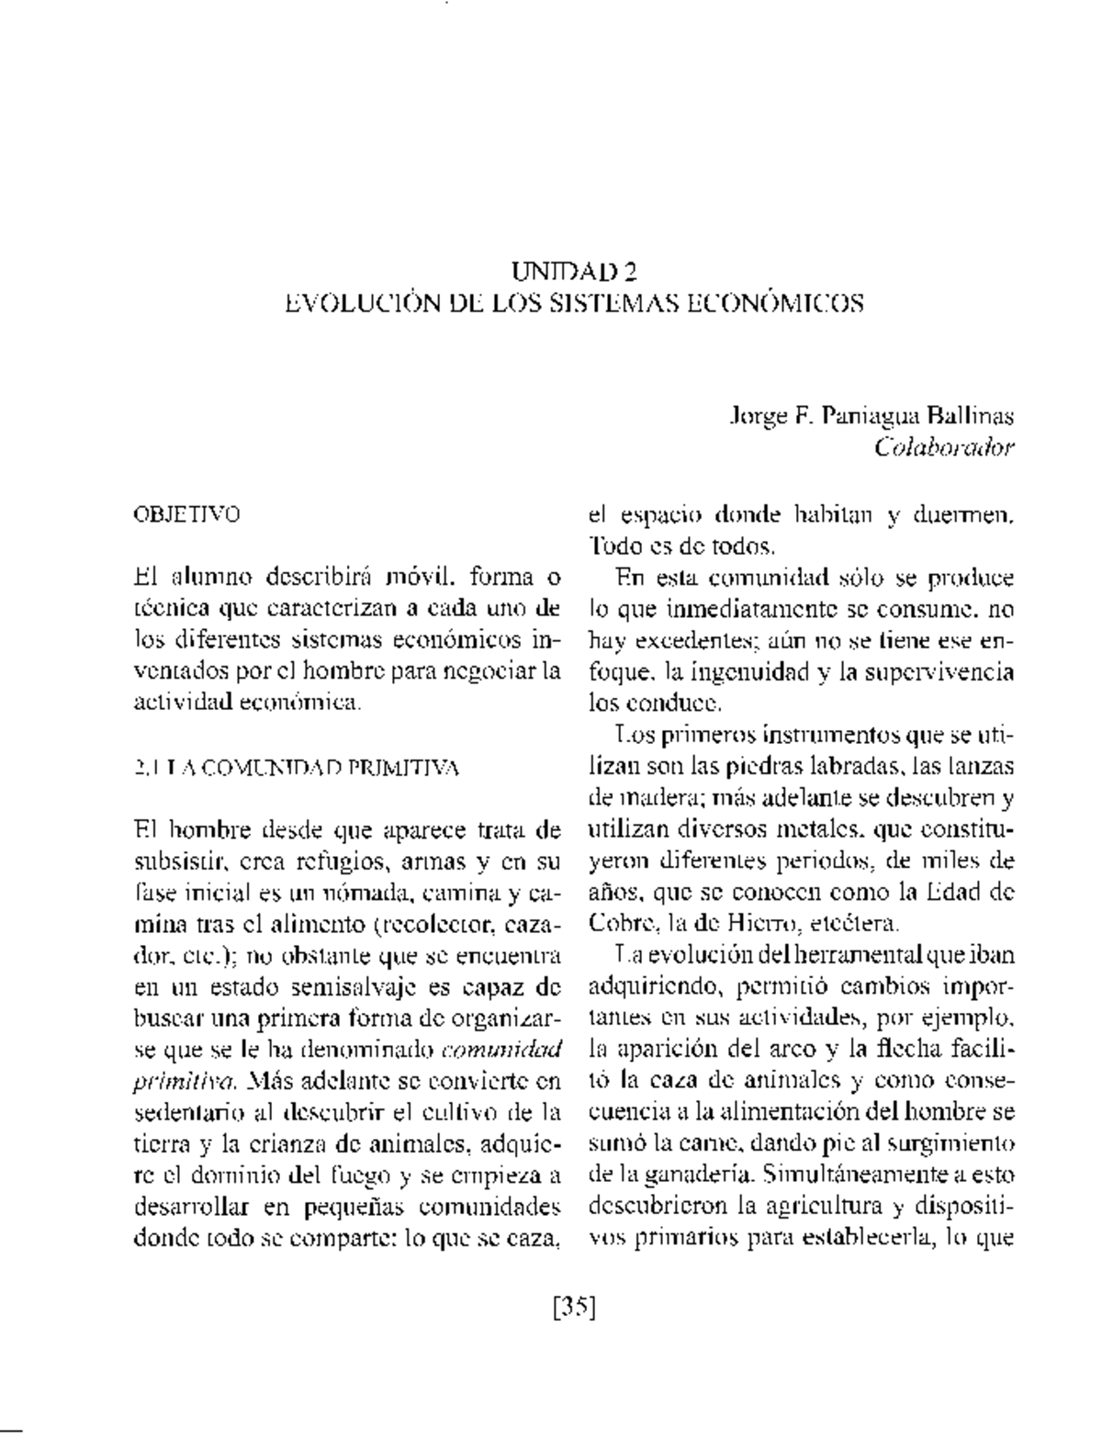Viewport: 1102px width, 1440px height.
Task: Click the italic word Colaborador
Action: [944, 448]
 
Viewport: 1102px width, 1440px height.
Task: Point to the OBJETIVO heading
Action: [186, 514]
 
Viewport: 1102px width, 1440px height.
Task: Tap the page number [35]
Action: [574, 1305]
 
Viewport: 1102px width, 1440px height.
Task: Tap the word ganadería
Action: [688, 1173]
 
